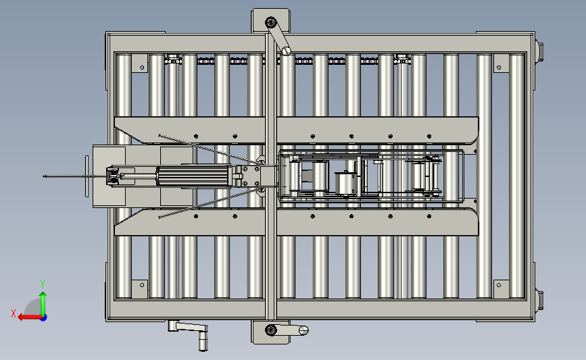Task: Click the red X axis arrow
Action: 30,317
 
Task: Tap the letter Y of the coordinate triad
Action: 43,284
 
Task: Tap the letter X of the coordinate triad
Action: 14,313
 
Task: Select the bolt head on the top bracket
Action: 271,22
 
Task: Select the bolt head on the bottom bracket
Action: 270,330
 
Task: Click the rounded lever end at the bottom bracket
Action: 303,330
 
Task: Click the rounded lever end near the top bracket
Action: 287,51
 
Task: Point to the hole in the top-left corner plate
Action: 142,68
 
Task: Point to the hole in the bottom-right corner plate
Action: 499,285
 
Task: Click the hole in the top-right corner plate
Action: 499,68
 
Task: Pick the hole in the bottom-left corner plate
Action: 142,285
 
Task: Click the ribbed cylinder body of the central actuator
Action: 194,176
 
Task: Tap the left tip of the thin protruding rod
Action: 44,176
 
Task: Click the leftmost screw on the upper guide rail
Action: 196,136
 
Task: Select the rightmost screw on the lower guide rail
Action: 429,216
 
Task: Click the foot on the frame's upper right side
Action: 539,51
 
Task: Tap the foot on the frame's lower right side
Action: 539,301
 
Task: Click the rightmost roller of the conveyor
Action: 517,176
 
